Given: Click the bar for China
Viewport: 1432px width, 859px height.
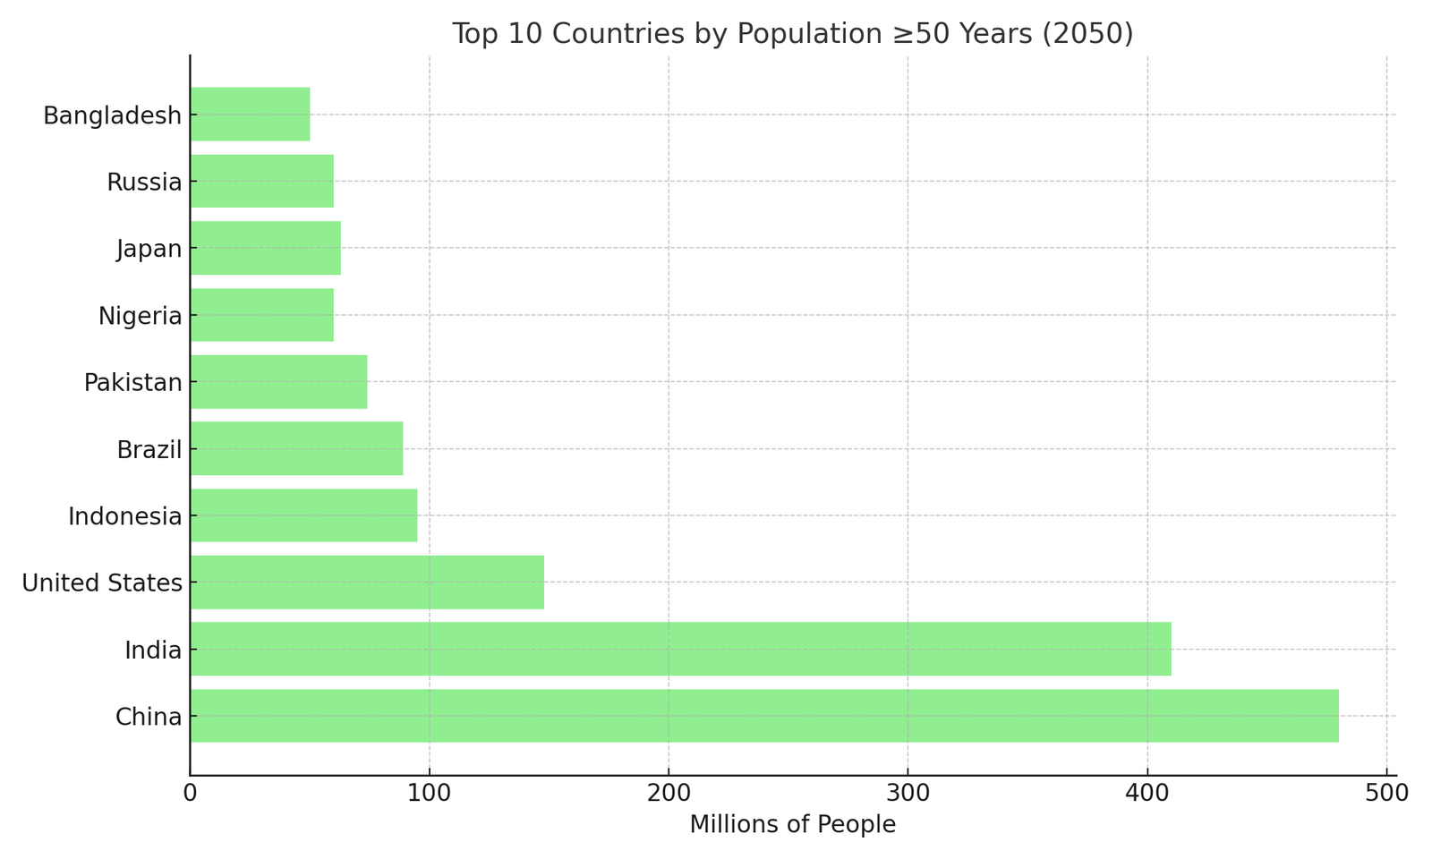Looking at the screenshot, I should [764, 716].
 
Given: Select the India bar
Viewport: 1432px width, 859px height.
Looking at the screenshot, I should [680, 649].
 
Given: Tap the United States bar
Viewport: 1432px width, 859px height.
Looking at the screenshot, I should [367, 583].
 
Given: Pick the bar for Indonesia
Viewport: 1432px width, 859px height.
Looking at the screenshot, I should [303, 515].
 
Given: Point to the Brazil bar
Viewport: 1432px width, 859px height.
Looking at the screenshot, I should [296, 448].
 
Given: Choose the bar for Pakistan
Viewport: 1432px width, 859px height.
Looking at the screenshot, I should [278, 382].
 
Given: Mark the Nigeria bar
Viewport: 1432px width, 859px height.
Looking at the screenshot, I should [261, 315].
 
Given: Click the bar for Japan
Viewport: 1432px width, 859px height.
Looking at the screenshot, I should [265, 248].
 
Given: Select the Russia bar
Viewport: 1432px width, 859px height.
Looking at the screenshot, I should [261, 182].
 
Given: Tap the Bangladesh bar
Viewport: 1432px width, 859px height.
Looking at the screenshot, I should [250, 115].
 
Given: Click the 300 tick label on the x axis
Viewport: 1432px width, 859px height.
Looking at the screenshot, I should [908, 793].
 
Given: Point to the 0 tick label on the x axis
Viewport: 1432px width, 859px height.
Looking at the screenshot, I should [190, 793].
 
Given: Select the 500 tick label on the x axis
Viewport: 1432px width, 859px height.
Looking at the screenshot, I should [1386, 793].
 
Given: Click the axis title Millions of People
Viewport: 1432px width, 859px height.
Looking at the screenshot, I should [792, 825].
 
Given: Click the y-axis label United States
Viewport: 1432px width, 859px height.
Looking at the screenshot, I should [102, 583].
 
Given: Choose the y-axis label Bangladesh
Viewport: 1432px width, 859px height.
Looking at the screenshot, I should [113, 115].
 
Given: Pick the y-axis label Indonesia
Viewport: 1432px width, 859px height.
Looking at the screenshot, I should [125, 516].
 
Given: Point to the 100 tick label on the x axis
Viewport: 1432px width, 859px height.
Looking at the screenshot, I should [429, 793].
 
